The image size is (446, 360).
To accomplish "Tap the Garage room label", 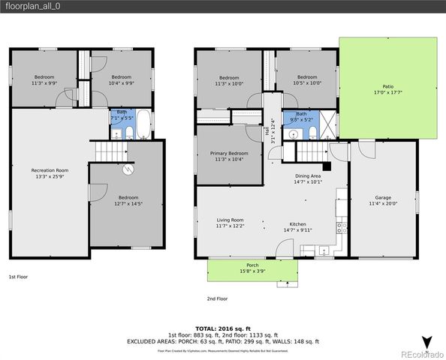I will [382, 199].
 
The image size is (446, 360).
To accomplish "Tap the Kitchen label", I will [297, 226].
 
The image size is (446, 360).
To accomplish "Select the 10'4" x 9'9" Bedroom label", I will [122, 80].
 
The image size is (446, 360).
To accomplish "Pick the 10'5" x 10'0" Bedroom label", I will [306, 80].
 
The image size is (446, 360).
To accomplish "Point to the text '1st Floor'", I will [19, 277].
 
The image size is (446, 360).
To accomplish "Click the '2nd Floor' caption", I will [217, 298].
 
